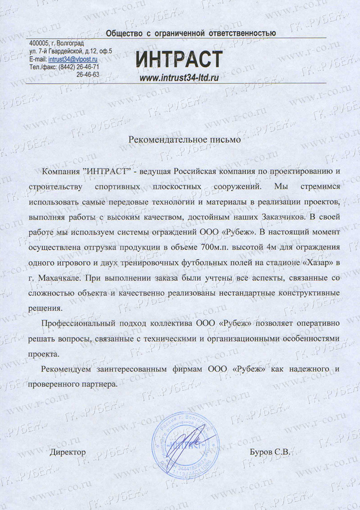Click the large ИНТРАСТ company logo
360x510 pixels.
tap(179, 60)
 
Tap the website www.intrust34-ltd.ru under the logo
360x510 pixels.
tap(179, 77)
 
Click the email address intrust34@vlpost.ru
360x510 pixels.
tap(72, 60)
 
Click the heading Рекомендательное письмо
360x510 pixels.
tap(185, 139)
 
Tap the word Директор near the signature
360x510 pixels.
tap(67, 452)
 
